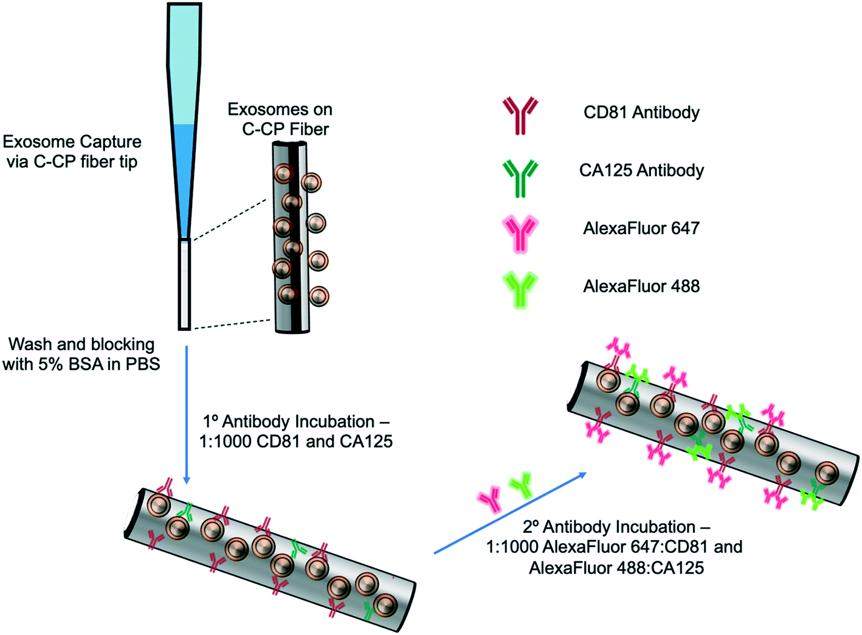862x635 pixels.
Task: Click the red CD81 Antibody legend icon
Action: (520, 114)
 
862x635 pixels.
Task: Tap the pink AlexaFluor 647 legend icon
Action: (520, 233)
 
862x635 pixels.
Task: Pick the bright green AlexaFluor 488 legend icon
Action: (520, 290)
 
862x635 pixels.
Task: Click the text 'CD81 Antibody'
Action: (641, 113)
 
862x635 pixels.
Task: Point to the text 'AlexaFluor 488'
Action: (641, 286)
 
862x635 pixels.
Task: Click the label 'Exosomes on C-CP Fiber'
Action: (281, 119)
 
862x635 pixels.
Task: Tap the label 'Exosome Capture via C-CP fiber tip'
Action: (72, 151)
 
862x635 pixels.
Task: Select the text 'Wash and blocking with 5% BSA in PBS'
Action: (81, 354)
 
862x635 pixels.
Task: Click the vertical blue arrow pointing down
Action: (187, 414)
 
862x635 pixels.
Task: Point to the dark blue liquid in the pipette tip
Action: (184, 176)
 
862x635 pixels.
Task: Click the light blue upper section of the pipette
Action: (184, 61)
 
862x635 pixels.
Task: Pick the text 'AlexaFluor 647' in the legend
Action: (641, 229)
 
